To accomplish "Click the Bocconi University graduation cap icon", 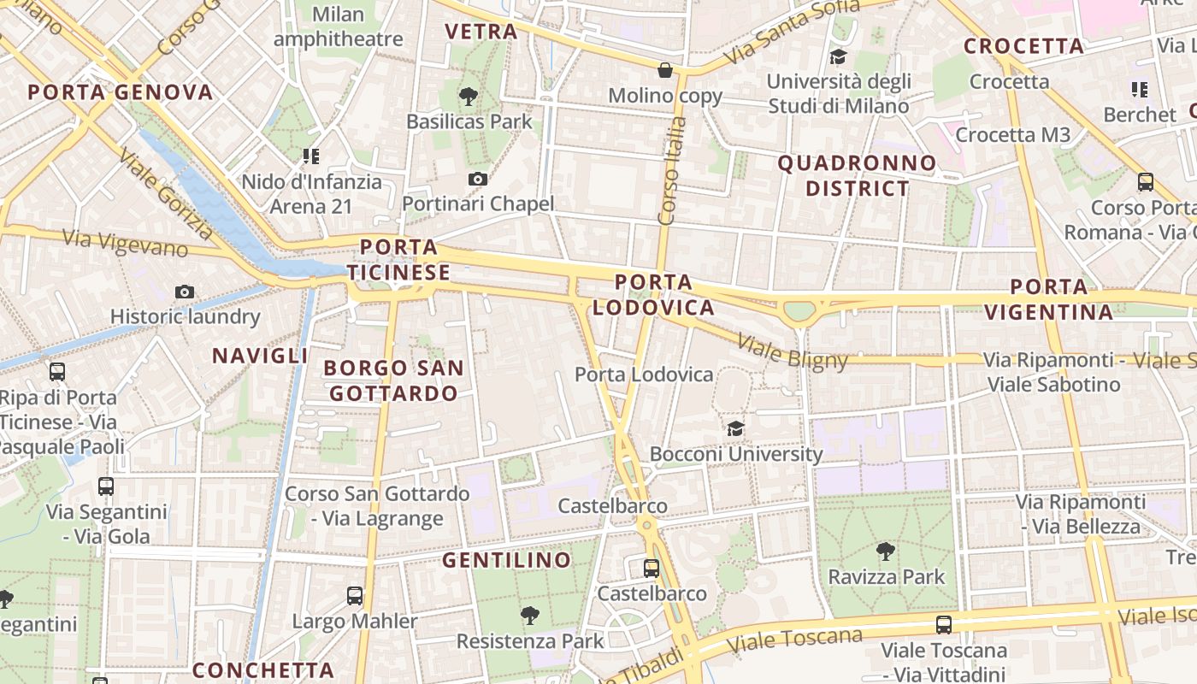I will [735, 427].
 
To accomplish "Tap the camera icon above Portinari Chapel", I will [478, 179].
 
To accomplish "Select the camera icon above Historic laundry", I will [184, 292].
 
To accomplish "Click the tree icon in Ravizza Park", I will [886, 551].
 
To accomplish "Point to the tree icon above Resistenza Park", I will [530, 615].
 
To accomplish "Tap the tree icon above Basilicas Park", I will [468, 97].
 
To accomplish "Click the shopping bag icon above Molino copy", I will [665, 70].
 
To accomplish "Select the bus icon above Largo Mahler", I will [355, 596].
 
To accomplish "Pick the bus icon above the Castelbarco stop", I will [652, 568].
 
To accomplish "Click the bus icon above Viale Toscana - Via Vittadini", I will [944, 625].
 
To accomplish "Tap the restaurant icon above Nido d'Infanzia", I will [310, 156].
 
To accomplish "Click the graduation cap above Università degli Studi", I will [838, 57].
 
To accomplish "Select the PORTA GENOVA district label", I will [120, 92].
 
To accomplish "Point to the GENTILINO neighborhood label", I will [506, 560].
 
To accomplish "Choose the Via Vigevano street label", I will [126, 243].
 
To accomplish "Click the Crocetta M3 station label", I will [1012, 134].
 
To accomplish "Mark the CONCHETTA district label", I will [262, 670].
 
